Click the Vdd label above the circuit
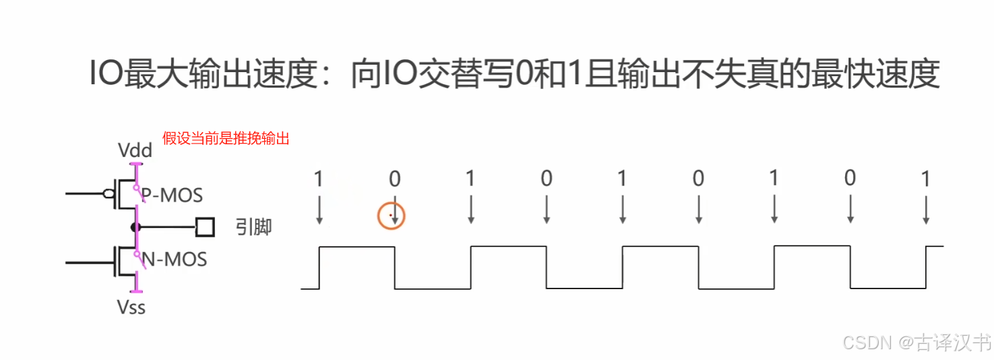[x=135, y=150]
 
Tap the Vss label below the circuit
[x=131, y=308]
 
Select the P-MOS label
[x=173, y=195]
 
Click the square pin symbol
[x=205, y=227]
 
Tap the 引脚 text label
[x=253, y=227]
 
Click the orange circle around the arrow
[x=391, y=216]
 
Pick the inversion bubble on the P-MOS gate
[x=108, y=194]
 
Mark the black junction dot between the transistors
[x=136, y=227]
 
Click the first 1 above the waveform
[x=319, y=179]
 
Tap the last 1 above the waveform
[x=926, y=179]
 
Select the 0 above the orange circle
[x=395, y=179]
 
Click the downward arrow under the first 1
[x=319, y=210]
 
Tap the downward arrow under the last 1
[x=926, y=210]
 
